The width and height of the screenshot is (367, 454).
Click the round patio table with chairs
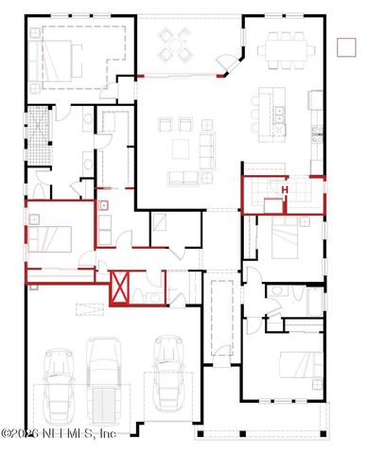click(x=173, y=43)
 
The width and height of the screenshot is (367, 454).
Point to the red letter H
click(x=284, y=189)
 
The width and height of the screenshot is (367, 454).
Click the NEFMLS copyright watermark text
click(x=59, y=433)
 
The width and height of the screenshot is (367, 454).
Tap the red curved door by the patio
click(x=225, y=63)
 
